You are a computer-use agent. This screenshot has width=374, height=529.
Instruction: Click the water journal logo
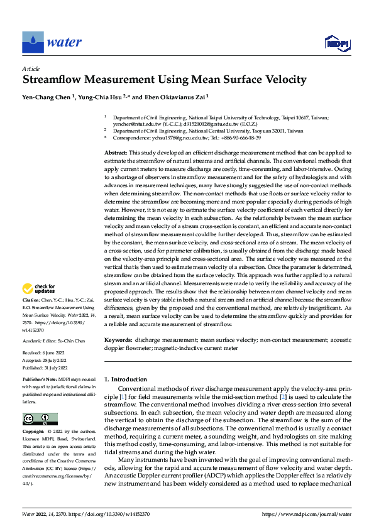(53, 42)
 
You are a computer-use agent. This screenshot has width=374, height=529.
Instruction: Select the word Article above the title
(31, 68)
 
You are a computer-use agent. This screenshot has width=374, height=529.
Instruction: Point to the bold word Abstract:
(116, 153)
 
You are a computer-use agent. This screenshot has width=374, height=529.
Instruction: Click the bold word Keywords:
(118, 340)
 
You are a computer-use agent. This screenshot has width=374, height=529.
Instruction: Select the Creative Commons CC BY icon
(40, 419)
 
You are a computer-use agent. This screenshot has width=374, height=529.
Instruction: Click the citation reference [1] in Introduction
(121, 398)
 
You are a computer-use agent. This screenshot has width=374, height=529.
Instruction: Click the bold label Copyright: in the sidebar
(34, 433)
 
